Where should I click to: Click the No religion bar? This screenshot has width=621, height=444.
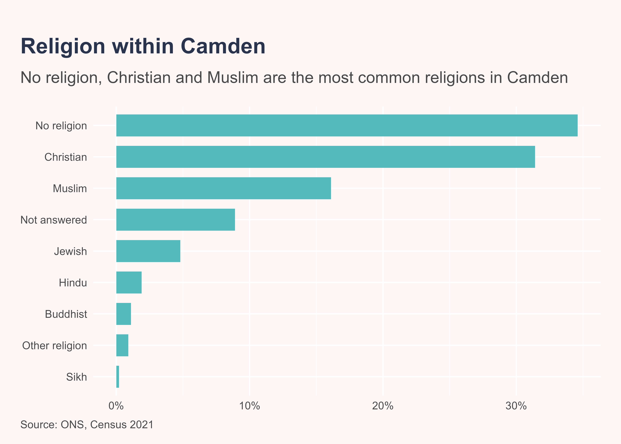[x=347, y=126]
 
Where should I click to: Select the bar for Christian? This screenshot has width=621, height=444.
[x=325, y=157]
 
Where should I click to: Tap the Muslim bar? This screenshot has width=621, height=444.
[x=224, y=188]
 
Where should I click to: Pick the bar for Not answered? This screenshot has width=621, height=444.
[x=176, y=220]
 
